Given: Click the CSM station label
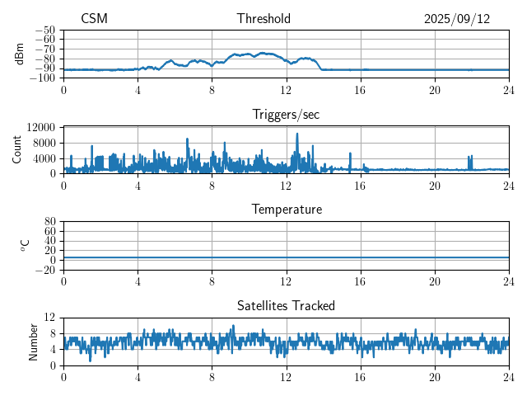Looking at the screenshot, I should [94, 19].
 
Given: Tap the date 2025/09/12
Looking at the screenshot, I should [457, 19].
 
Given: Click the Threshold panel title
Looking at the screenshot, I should [263, 19].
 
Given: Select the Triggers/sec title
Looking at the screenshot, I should [286, 115].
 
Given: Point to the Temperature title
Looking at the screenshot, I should [286, 210].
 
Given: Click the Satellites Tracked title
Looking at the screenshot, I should [286, 305].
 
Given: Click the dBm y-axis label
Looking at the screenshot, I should [20, 54].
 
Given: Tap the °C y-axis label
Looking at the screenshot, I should [25, 245].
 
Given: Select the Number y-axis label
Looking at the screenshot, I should [34, 341].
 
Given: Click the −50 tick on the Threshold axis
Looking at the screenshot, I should [45, 30].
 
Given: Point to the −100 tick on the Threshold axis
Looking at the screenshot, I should [43, 78].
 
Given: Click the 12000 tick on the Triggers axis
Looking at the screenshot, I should [40, 127].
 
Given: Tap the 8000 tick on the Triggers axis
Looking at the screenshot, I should [44, 143].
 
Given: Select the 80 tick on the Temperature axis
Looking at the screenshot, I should [50, 222].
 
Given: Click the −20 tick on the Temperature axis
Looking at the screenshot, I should [45, 270].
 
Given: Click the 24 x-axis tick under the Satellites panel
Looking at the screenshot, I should [509, 377].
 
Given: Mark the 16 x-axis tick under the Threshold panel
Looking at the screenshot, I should [361, 90].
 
